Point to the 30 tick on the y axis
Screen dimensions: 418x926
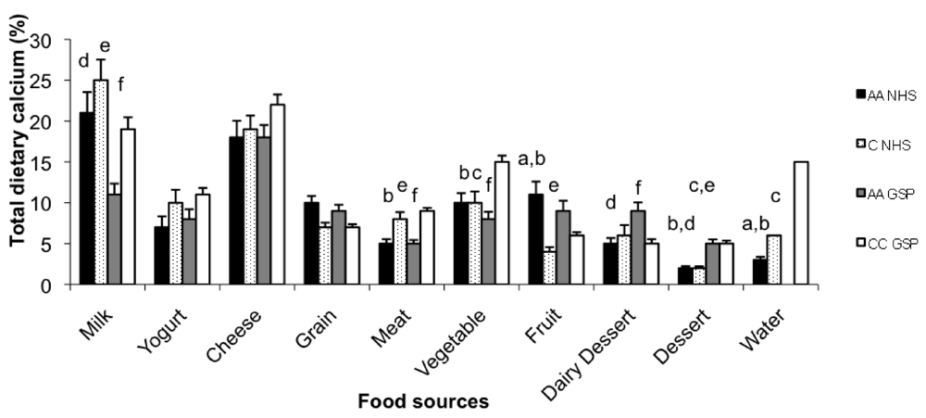point(62,41)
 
